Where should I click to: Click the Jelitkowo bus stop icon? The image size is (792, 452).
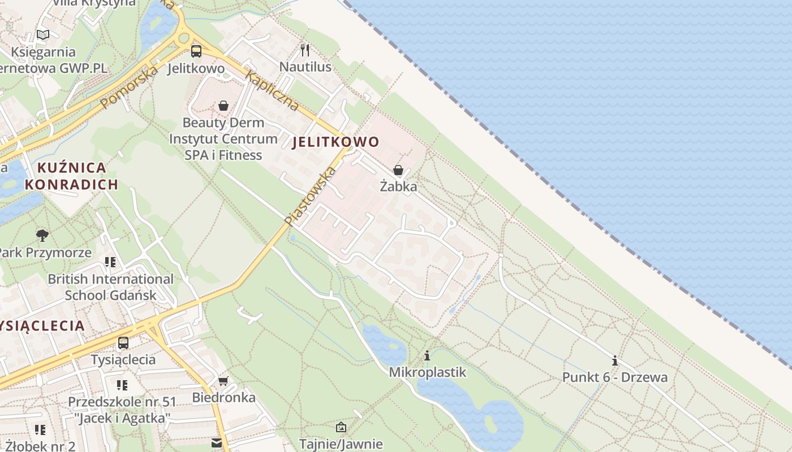coord(196,51)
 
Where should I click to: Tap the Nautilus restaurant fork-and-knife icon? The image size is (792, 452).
coord(305,50)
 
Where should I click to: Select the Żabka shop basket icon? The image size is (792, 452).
coord(398,170)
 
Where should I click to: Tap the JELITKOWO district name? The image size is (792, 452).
coord(335,142)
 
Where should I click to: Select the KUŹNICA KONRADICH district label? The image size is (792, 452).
coord(71,176)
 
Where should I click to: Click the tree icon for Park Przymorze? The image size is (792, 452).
coord(42,235)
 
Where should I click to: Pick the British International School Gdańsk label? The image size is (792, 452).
coord(110,287)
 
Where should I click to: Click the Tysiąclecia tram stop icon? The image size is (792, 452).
coord(123,342)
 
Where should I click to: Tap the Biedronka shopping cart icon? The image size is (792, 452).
coord(223,381)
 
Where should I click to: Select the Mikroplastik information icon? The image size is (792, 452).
coord(427,356)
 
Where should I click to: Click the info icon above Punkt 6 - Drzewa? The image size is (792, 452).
coord(615,360)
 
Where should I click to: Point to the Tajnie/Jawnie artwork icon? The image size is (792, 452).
coord(341,428)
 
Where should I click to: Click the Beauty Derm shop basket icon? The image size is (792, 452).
coord(223,106)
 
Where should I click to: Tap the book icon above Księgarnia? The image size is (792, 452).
coord(43,35)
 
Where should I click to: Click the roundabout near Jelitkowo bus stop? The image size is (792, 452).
coord(183,38)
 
